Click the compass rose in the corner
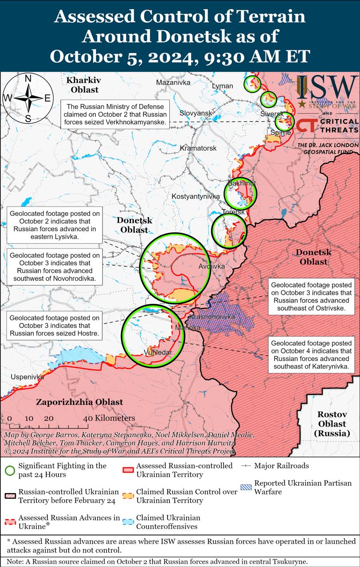tap(27, 98)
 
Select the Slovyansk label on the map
tap(196, 113)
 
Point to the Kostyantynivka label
tap(196, 196)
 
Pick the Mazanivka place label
tap(173, 83)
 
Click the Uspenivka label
tap(27, 377)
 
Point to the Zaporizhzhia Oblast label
tap(79, 402)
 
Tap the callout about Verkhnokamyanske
tap(115, 114)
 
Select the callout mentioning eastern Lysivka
tap(55, 225)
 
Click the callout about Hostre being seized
tap(55, 325)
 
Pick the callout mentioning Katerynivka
tap(311, 355)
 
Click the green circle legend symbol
tap(11, 470)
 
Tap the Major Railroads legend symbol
tap(247, 466)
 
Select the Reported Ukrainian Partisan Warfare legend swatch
tap(247, 487)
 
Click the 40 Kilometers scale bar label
tap(109, 418)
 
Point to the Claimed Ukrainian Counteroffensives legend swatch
tap(129, 522)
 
